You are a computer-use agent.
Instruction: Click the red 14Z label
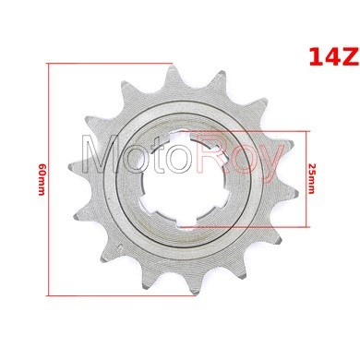click(334, 56)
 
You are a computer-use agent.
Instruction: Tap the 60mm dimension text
click(42, 179)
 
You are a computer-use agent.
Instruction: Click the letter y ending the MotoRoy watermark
click(270, 163)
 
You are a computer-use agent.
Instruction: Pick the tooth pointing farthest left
click(77, 168)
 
